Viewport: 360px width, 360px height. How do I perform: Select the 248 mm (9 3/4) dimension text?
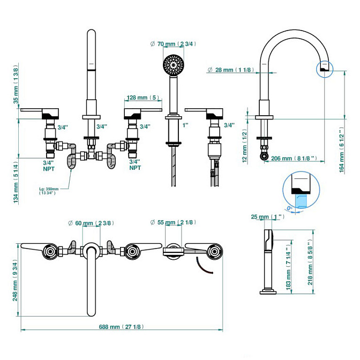tap(16, 282)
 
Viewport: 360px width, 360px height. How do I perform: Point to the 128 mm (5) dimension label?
tap(142, 98)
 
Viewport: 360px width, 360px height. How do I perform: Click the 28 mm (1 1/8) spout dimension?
tap(227, 70)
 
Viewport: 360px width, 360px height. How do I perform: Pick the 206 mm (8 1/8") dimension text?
tap(295, 159)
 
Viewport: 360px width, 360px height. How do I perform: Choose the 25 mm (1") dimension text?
tap(267, 217)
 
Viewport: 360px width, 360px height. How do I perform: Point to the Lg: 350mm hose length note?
tap(49, 191)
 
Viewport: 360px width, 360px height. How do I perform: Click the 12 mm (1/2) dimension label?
tap(244, 145)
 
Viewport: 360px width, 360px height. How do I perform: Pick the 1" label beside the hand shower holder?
tap(185, 125)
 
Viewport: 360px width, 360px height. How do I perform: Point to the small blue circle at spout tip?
tap(324, 70)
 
